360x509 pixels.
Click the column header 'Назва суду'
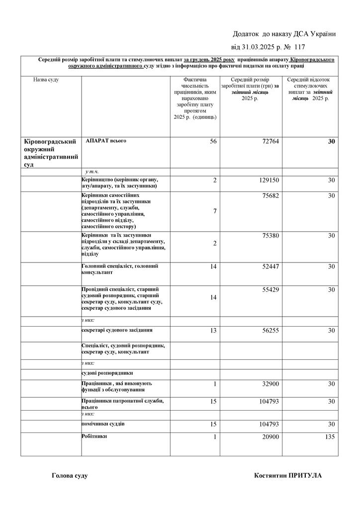[x=46, y=80]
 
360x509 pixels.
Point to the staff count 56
[x=213, y=142]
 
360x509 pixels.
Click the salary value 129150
[x=269, y=180]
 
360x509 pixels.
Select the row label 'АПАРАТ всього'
[x=106, y=141]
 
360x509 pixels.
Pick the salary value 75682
[x=270, y=196]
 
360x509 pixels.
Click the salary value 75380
[x=270, y=236]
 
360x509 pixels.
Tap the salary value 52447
[x=270, y=267]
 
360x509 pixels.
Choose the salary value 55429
[x=270, y=289]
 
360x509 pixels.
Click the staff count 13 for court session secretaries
[x=213, y=331]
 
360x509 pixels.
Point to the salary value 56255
[x=270, y=331]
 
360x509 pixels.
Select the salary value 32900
[x=270, y=384]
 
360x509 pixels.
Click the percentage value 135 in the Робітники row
[x=329, y=437]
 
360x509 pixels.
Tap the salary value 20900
[x=270, y=437]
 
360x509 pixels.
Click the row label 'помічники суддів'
[x=103, y=424]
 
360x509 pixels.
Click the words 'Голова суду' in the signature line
[x=70, y=476]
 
